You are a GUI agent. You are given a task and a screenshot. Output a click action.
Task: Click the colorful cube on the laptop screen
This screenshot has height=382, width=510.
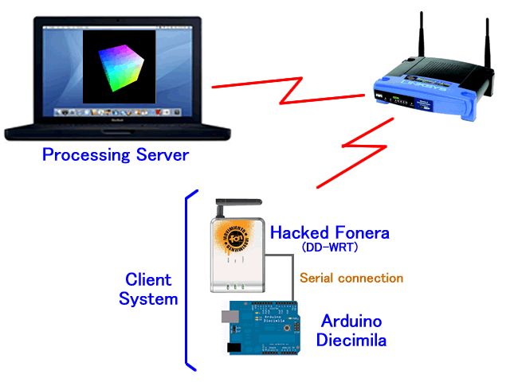tap(117, 66)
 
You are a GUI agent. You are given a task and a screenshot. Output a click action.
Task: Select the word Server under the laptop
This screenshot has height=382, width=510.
tap(161, 154)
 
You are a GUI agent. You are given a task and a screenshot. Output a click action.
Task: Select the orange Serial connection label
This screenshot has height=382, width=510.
tap(351, 279)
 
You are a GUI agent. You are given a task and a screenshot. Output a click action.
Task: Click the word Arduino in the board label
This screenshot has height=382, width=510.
tap(351, 322)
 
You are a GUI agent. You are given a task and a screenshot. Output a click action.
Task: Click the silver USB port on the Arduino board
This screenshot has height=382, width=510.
tap(228, 317)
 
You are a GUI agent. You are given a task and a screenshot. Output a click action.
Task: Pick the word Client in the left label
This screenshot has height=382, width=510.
tap(147, 281)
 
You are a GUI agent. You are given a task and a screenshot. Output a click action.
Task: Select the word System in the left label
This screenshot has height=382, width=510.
tap(147, 299)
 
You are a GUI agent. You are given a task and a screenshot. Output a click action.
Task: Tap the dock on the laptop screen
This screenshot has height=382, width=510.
tap(117, 113)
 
